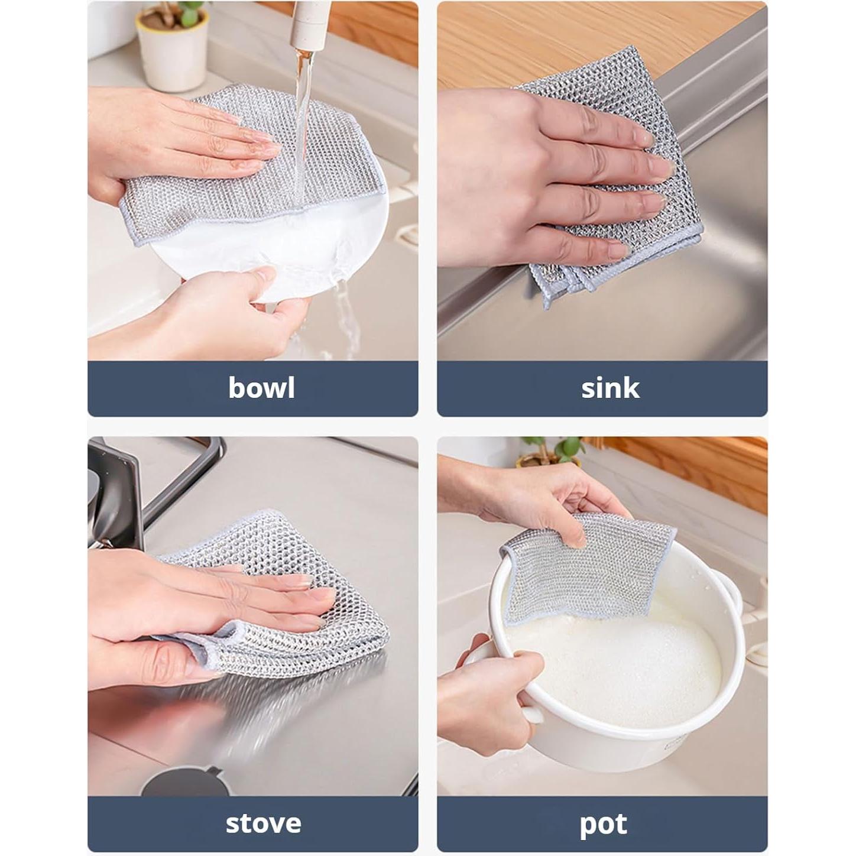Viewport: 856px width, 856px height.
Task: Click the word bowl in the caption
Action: click(x=261, y=388)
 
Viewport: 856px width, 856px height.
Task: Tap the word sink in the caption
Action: click(x=610, y=388)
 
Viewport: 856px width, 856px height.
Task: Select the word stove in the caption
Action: click(x=263, y=823)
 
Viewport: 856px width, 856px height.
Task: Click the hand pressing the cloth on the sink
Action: click(x=544, y=177)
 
